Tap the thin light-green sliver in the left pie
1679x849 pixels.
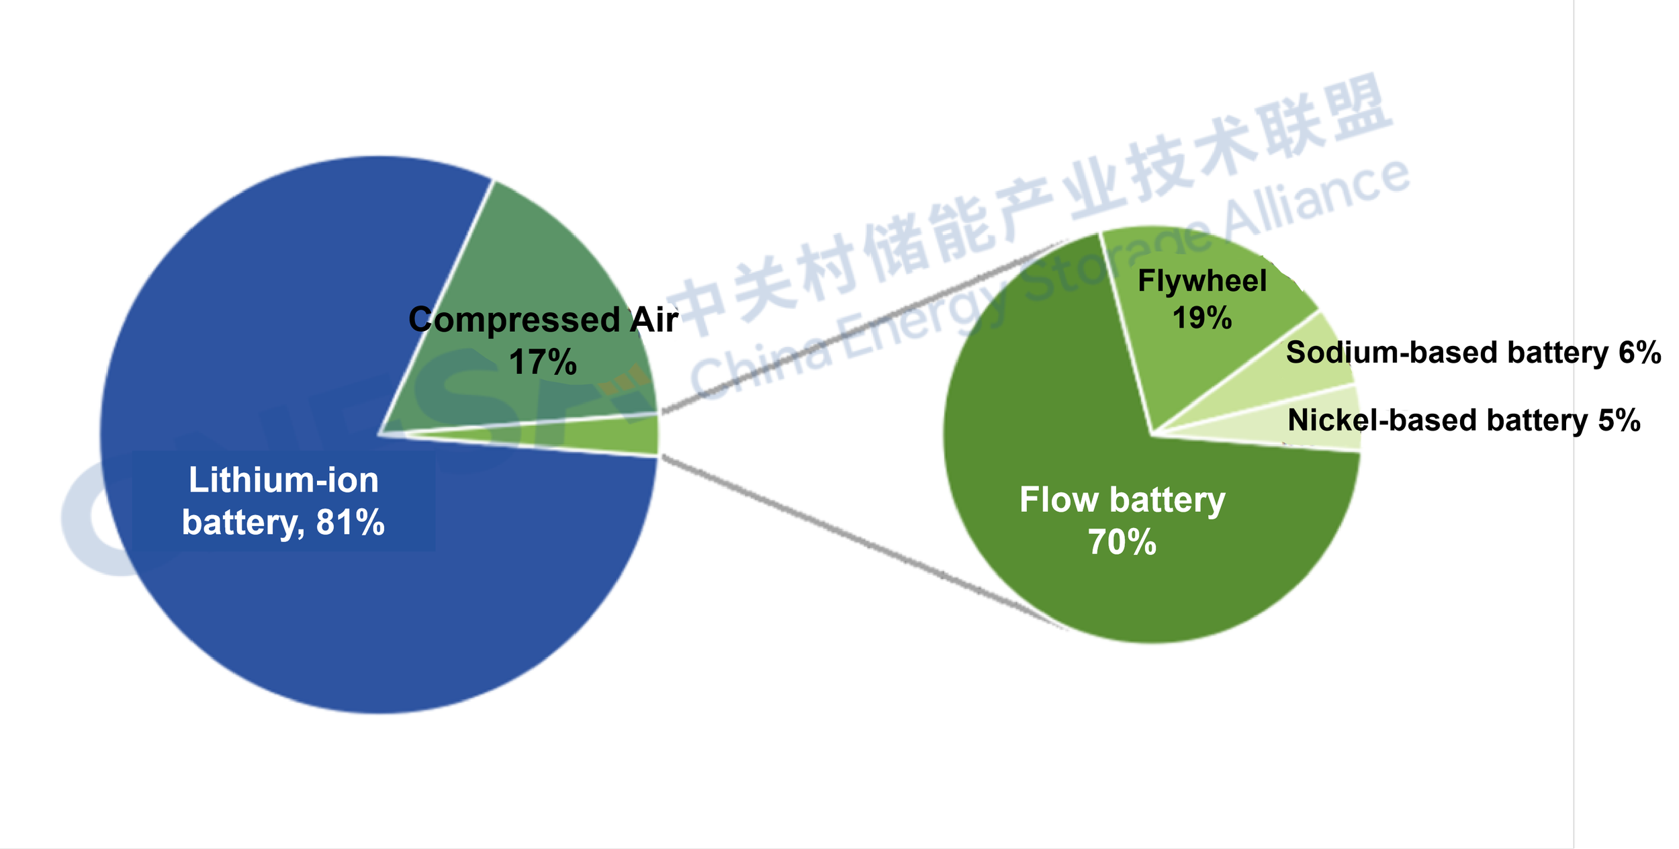tap(604, 435)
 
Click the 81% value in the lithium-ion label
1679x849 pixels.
tap(350, 523)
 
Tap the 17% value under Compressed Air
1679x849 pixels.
tap(543, 363)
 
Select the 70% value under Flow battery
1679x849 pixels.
tap(1122, 542)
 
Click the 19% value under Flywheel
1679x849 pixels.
tap(1202, 318)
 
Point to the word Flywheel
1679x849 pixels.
tap(1202, 281)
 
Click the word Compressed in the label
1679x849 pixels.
tap(514, 320)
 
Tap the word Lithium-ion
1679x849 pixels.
tap(283, 480)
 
